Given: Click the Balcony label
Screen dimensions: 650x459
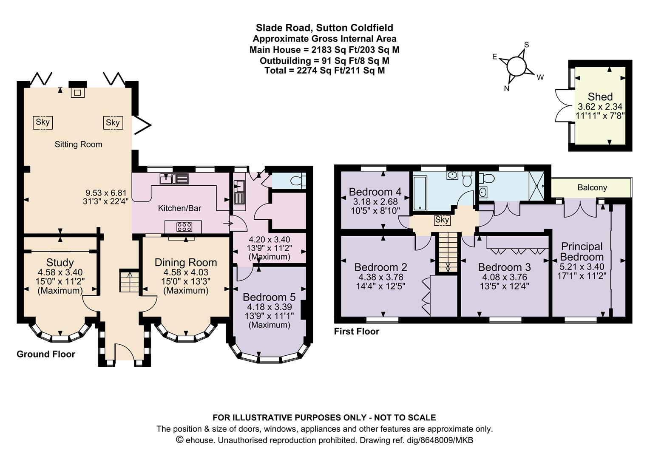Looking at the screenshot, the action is [x=592, y=187].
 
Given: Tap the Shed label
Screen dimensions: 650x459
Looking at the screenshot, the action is [x=600, y=96].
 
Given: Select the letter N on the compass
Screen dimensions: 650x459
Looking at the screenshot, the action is [x=506, y=88].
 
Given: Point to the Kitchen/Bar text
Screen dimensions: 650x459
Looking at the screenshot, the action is [x=179, y=208].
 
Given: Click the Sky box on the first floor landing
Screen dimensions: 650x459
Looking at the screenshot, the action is [x=442, y=220].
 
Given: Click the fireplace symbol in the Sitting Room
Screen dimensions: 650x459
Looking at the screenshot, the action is [x=77, y=93].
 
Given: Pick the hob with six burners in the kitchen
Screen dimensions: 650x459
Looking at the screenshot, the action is [x=184, y=227].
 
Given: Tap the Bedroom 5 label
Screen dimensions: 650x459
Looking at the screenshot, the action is [x=269, y=297].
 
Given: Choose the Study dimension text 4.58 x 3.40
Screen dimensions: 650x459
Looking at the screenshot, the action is [x=60, y=272].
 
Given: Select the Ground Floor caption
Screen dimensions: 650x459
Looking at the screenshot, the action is [x=46, y=354].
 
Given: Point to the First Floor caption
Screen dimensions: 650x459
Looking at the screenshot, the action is [x=356, y=331].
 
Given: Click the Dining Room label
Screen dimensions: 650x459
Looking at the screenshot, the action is [x=186, y=262].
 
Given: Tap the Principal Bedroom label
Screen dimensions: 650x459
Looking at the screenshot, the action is [x=582, y=252].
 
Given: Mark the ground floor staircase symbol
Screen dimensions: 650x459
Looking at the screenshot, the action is [x=129, y=281].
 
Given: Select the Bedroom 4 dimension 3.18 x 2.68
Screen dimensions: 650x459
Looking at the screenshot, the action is [x=375, y=201].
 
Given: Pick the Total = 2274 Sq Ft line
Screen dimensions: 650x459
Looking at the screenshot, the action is [x=325, y=71].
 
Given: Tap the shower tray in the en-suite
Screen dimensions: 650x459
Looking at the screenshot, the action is [x=536, y=186].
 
